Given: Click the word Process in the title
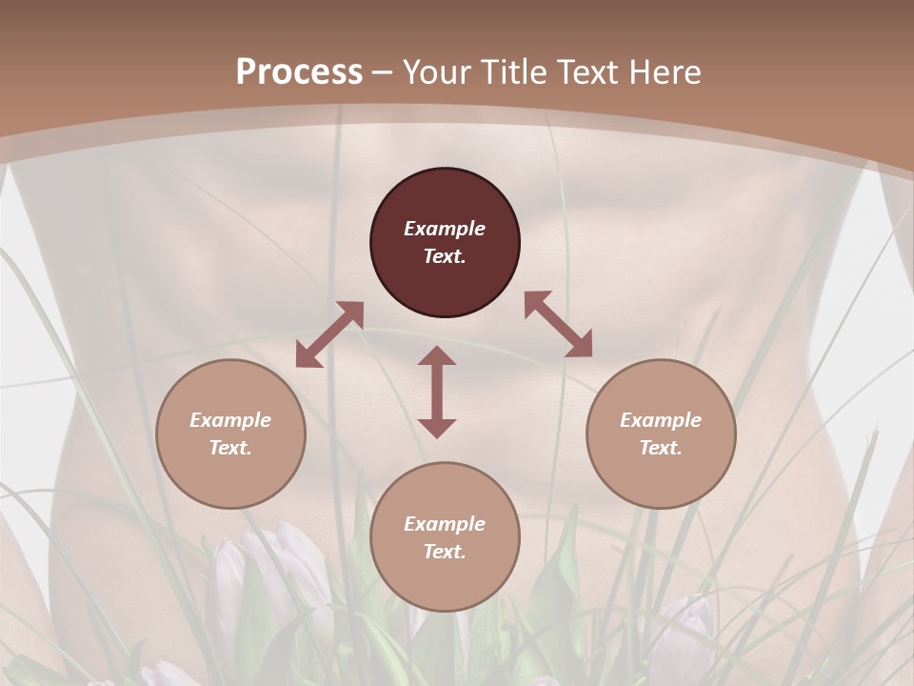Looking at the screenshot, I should coord(299,72).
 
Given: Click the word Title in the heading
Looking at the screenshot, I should coord(509,72).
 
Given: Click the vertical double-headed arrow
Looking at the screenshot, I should coord(437,392).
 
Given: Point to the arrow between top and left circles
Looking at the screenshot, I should coord(329,333).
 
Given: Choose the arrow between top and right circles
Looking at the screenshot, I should coord(559,324).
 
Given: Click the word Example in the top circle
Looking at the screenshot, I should coord(445,229).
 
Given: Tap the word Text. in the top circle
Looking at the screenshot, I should coord(445,256).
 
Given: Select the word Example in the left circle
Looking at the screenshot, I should coord(230,420).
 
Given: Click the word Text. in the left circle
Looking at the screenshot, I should coord(230,448).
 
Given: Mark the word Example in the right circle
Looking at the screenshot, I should coord(661,420).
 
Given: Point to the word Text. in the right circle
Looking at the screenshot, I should coord(661,448).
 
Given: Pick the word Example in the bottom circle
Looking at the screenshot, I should coord(445,524).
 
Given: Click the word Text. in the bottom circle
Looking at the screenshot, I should coord(445,552).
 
